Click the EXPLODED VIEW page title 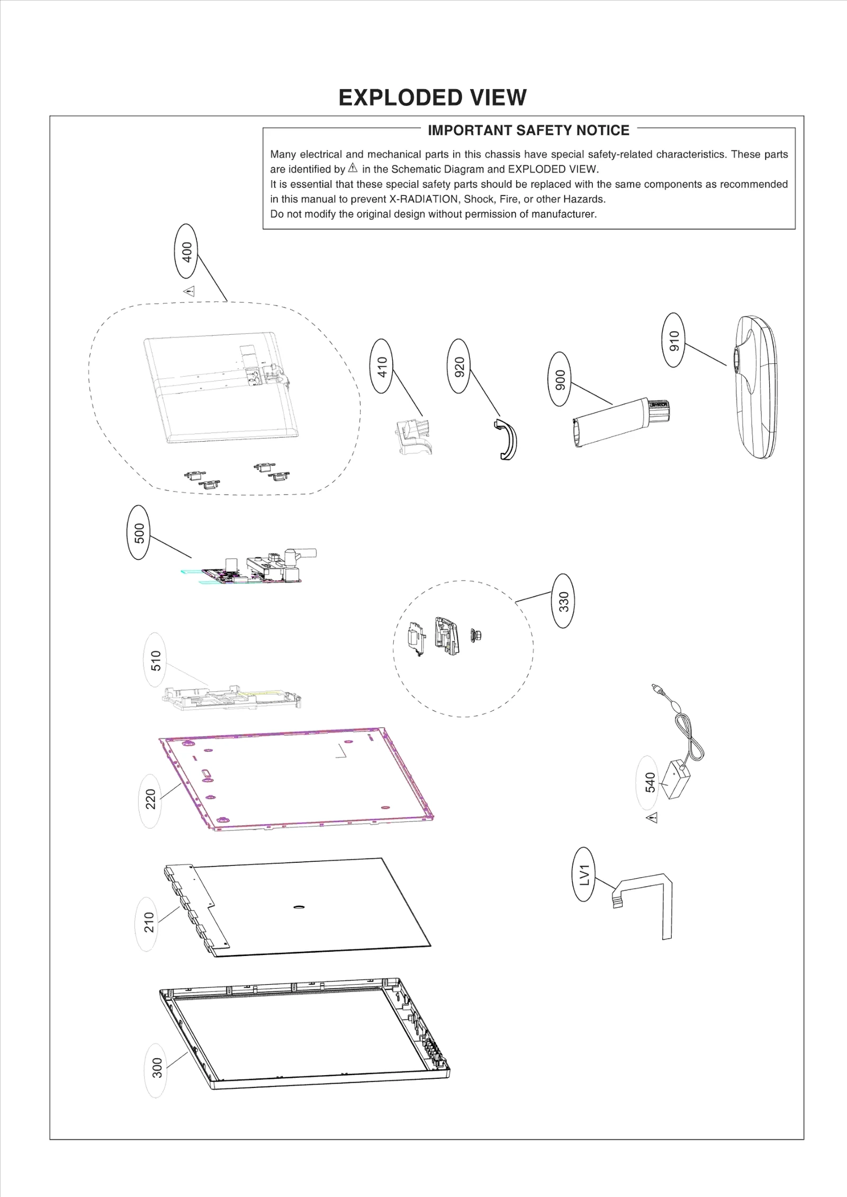tap(432, 97)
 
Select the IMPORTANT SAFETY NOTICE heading tap(528, 130)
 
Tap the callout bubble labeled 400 tap(186, 251)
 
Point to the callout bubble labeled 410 tap(382, 366)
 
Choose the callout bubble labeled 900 tap(560, 379)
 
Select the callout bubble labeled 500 tap(139, 532)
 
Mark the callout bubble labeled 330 tap(563, 601)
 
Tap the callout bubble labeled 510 tap(155, 660)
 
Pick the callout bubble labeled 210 tap(149, 924)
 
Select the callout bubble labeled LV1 tap(584, 874)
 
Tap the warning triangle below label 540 tap(652, 818)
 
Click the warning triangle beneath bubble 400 tap(190, 291)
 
